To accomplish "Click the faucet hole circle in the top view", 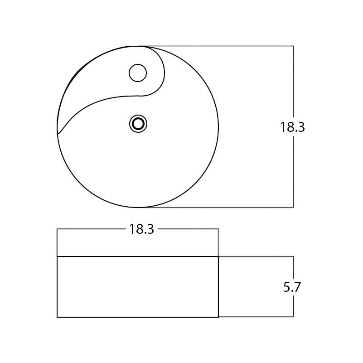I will pos(138,73).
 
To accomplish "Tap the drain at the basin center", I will pos(138,124).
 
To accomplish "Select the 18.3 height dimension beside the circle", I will pos(292,128).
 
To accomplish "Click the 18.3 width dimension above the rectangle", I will pos(141,229).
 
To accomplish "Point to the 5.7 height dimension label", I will pos(292,287).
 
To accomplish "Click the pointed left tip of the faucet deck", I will pos(58,133).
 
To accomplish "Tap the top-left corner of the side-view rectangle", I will pos(57,257).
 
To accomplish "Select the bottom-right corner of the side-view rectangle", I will pos(218,317).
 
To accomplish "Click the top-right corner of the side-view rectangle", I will pos(218,257).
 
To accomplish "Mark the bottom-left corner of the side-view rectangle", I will pos(57,317).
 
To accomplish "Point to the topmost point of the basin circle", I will pos(138,46).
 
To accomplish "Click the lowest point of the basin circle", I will pos(138,208).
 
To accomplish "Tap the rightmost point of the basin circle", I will pos(218,127).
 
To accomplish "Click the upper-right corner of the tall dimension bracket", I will pos(293,46).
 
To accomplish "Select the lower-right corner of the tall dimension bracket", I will pos(293,208).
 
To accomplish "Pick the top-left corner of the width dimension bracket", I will pos(57,229).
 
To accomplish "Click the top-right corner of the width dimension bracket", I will pos(218,229).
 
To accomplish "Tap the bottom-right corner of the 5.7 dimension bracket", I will pos(293,316).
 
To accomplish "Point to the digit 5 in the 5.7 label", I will pos(286,287).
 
